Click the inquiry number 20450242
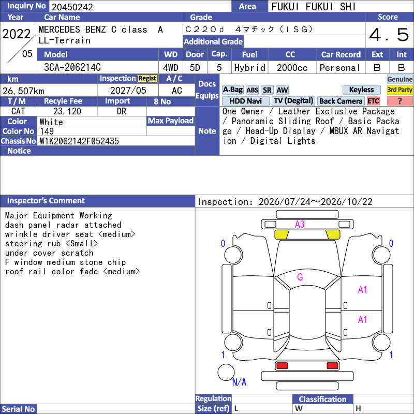pyautogui.click(x=72, y=7)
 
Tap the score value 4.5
pyautogui.click(x=389, y=35)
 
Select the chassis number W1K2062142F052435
pyautogui.click(x=79, y=141)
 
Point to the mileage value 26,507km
pyautogui.click(x=23, y=91)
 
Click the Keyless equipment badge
pyautogui.click(x=361, y=90)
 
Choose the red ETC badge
pyautogui.click(x=373, y=101)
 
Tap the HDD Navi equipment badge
pyautogui.click(x=245, y=101)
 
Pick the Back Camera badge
pyautogui.click(x=341, y=101)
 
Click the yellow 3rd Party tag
pyautogui.click(x=400, y=90)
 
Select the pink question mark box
pyautogui.click(x=400, y=101)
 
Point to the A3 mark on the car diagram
pyautogui.click(x=300, y=225)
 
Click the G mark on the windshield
pyautogui.click(x=300, y=277)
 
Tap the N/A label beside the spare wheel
pyautogui.click(x=239, y=382)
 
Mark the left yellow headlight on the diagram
pyautogui.click(x=282, y=234)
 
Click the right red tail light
pyautogui.click(x=332, y=366)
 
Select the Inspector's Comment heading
pyautogui.click(x=46, y=201)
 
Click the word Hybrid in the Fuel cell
pyautogui.click(x=250, y=68)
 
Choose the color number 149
pyautogui.click(x=47, y=131)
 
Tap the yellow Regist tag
pyautogui.click(x=147, y=79)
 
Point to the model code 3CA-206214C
pyautogui.click(x=72, y=67)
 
